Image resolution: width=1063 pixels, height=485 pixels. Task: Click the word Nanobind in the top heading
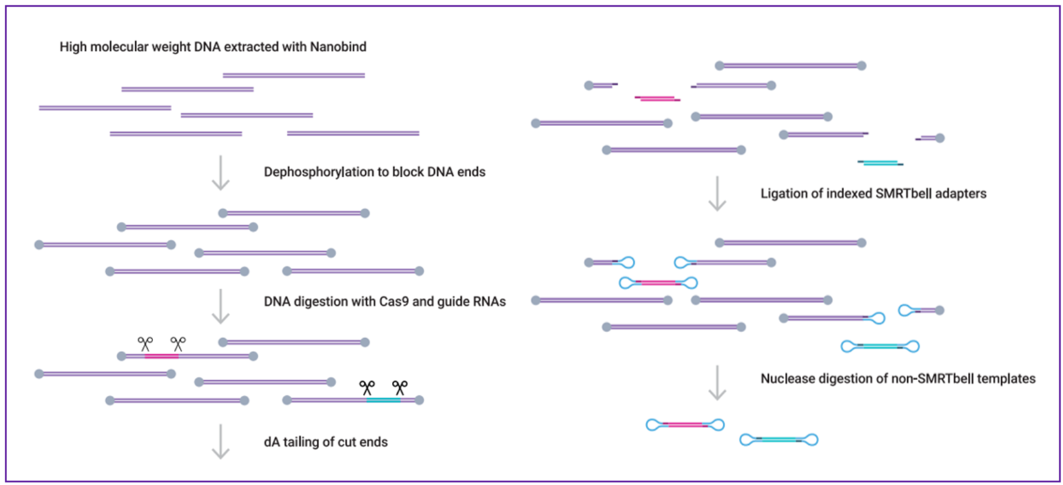(338, 46)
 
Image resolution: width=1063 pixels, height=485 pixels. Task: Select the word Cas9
(394, 301)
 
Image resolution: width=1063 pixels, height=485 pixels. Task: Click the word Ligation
(782, 193)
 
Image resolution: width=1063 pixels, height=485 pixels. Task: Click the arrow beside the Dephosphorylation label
(221, 173)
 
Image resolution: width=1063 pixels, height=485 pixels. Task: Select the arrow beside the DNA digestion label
(221, 306)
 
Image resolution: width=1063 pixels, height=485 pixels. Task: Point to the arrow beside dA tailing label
(221, 442)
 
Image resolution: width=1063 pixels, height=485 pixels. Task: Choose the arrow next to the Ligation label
(717, 193)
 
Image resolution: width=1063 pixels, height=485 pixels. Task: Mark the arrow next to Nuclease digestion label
(717, 383)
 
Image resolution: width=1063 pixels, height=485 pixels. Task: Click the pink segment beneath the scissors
(161, 357)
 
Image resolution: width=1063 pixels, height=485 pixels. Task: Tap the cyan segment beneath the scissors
(384, 400)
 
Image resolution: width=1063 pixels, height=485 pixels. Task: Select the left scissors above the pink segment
(145, 344)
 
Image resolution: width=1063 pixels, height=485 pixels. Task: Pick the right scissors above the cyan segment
(400, 387)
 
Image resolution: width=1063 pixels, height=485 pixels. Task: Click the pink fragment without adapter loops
(657, 98)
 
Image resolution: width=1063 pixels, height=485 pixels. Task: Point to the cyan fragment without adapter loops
(881, 163)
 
